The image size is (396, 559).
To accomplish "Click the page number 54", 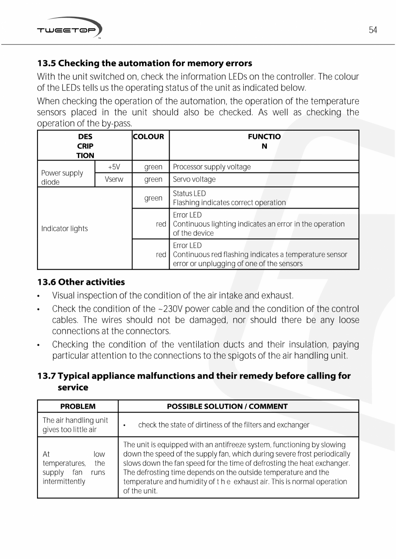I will pyautogui.click(x=373, y=30).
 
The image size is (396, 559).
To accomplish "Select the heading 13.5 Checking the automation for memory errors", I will pyautogui.click(x=145, y=63).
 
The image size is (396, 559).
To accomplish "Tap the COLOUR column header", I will pyautogui.click(x=148, y=137).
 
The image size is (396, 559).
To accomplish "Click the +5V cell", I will pyautogui.click(x=114, y=167).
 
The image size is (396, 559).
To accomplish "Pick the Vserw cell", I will pyautogui.click(x=114, y=179).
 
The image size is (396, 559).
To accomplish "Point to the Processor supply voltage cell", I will pyautogui.click(x=212, y=167).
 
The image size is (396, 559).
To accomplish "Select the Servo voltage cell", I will pyautogui.click(x=194, y=179).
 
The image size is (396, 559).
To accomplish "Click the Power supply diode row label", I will pyautogui.click(x=62, y=177).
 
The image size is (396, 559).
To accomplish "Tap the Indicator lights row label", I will pyautogui.click(x=65, y=228).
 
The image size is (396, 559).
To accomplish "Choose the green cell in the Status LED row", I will pyautogui.click(x=153, y=198).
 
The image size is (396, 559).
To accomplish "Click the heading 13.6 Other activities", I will pyautogui.click(x=81, y=282).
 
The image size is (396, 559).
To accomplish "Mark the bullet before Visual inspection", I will pyautogui.click(x=39, y=296).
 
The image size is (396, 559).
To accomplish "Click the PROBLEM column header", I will pyautogui.click(x=78, y=406).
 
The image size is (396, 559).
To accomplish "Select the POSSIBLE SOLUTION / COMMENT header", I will pyautogui.click(x=227, y=406).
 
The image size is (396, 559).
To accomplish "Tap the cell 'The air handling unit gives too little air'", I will pyautogui.click(x=75, y=425).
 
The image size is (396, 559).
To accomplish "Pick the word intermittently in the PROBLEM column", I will pyautogui.click(x=64, y=481).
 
